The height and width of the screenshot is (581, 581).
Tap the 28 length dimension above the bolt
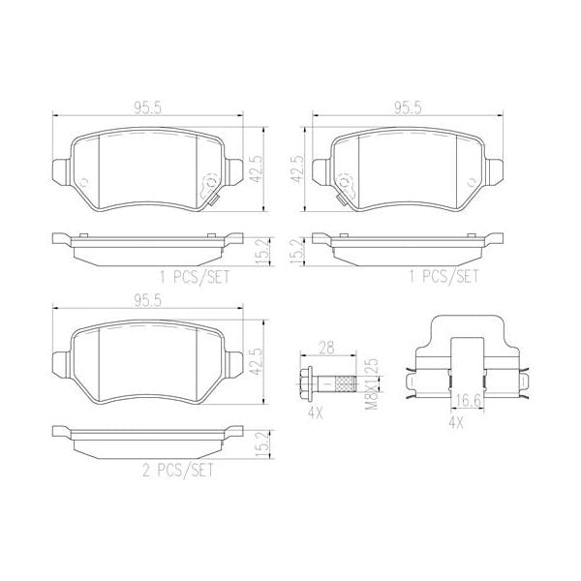[326, 348]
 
